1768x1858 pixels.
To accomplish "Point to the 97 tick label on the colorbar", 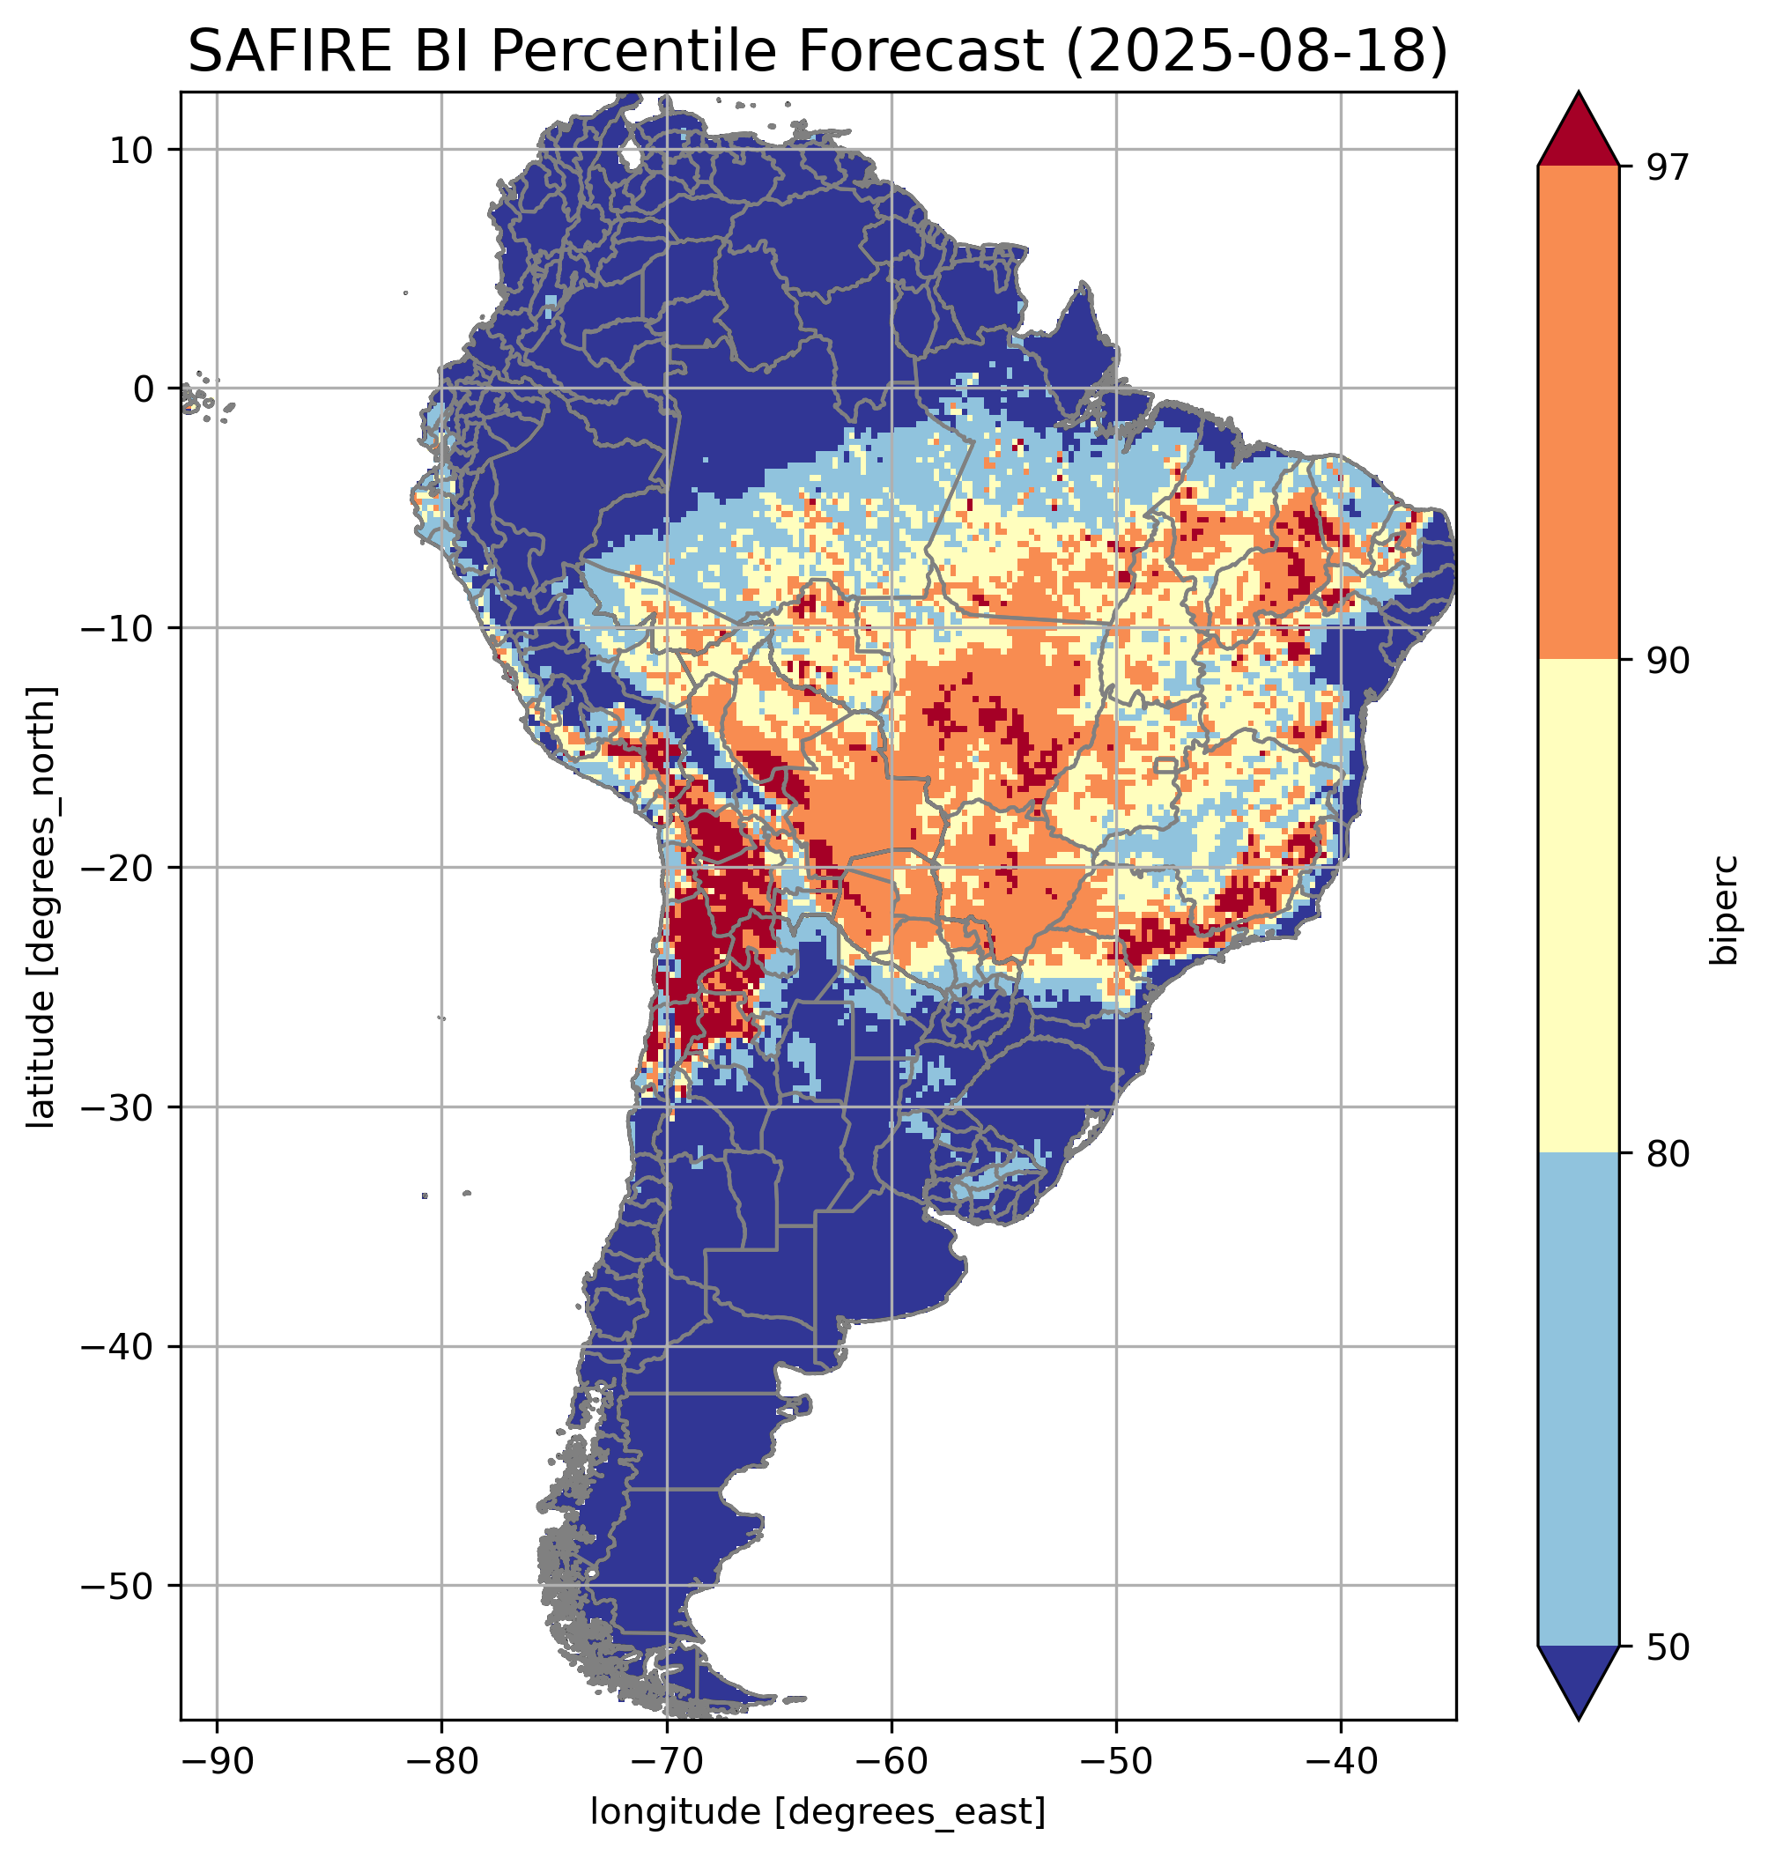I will coord(1668,167).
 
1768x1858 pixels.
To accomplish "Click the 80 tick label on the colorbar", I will coord(1668,1154).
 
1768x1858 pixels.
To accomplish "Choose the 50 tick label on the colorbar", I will coord(1668,1647).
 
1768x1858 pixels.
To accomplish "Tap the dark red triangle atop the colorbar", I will coord(1578,132).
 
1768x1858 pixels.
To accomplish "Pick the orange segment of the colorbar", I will coord(1578,413).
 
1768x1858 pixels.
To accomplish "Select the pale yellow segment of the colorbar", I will coord(1578,905).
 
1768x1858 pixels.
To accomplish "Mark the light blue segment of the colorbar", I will coord(1578,1400).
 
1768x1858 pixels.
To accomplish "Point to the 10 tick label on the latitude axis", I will coord(132,150).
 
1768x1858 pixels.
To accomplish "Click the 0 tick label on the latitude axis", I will coord(144,389).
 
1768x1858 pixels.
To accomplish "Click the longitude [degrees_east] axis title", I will coord(818,1812).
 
